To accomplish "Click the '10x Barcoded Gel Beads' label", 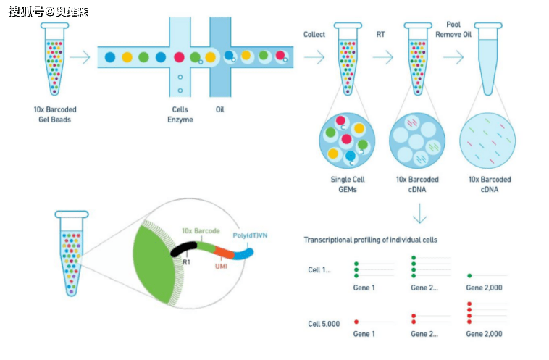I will click(55, 114).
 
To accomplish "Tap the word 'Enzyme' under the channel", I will click(180, 119).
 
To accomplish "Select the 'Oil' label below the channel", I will click(219, 109).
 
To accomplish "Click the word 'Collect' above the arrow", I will click(314, 34).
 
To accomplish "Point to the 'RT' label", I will click(380, 34).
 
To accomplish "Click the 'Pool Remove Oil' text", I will click(453, 29).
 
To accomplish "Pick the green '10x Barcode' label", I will click(200, 230).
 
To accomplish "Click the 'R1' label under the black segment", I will click(186, 262).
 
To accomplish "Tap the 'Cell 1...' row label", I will click(319, 269).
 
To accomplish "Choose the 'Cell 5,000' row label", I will click(323, 323).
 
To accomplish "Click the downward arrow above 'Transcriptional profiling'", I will click(419, 214).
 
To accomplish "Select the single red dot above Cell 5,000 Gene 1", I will click(356, 321).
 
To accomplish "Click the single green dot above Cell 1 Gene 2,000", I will click(470, 275).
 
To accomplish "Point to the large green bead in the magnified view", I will click(154, 255).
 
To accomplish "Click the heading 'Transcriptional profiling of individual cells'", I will click(370, 239).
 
